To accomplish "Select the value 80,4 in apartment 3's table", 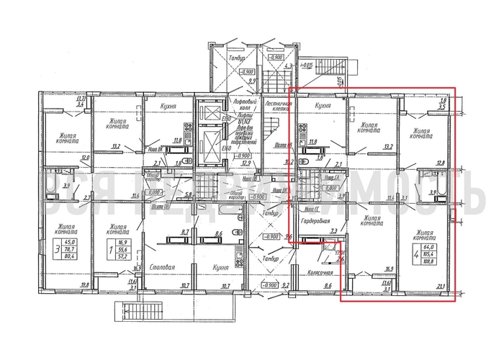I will tap(71, 256).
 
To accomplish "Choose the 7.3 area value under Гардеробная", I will tap(333, 231).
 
